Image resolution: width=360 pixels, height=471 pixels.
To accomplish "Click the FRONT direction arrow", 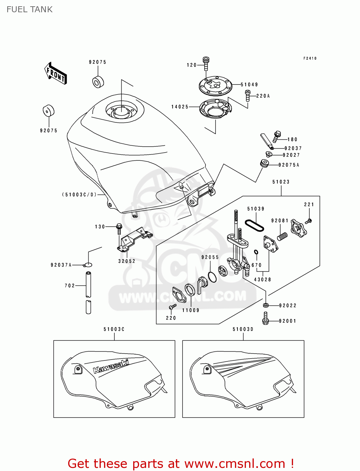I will coord(56,73).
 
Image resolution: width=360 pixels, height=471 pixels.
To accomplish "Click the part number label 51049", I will coord(249,84).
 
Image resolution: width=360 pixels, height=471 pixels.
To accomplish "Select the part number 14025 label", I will coord(180,107).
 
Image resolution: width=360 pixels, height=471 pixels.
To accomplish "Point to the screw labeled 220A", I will coord(248,95).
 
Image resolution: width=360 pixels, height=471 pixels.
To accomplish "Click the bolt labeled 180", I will coord(277,136).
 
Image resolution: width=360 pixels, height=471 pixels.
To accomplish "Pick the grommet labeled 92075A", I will coord(265,164).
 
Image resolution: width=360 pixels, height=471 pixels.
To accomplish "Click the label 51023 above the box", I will coord(281,182).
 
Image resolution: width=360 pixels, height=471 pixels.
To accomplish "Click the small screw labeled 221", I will coord(309,221).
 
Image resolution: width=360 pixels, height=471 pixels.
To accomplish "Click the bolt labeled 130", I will coord(119,228).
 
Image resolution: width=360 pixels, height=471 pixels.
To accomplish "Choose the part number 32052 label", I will coord(127,261).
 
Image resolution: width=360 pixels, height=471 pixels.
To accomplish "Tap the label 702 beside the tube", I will coord(70,286).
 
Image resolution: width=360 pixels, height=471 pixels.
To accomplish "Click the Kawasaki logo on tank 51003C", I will coord(111,366).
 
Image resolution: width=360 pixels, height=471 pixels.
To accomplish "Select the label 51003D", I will coord(243,329).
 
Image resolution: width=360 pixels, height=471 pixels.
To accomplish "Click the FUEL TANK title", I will coord(30,9).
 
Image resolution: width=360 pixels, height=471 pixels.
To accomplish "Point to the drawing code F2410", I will coord(310,58).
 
